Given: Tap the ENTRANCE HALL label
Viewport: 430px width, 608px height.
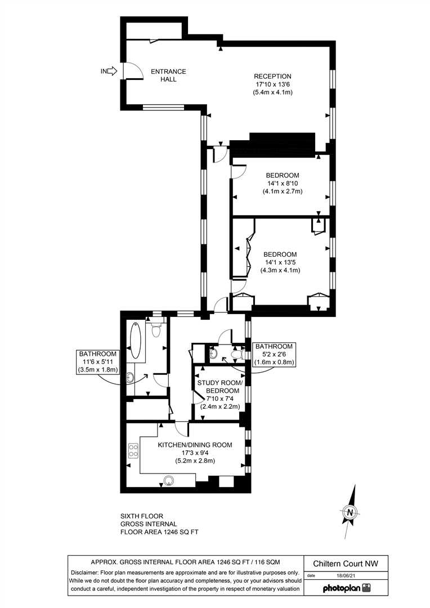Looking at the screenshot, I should coord(168,75).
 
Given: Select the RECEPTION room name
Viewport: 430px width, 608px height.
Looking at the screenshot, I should coord(272,77).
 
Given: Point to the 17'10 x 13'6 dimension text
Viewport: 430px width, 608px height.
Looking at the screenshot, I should coord(272,84).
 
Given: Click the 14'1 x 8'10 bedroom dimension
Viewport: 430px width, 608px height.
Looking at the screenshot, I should coord(283,183).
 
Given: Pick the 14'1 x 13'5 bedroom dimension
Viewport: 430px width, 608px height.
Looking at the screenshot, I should coord(280,262).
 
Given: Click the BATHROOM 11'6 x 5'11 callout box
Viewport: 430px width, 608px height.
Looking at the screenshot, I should coord(97,361).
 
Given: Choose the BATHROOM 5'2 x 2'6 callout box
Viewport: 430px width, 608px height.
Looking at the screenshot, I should coord(273,354).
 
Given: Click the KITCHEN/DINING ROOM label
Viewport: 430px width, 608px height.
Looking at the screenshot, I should coord(195,445).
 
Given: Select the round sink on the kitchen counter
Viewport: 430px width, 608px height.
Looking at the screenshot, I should coord(169,480).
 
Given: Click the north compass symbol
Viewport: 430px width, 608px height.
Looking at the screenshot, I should coord(350,512).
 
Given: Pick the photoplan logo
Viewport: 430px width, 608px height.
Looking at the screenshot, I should coord(346,588).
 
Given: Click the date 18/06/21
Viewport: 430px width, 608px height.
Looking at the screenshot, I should coord(347,575).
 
